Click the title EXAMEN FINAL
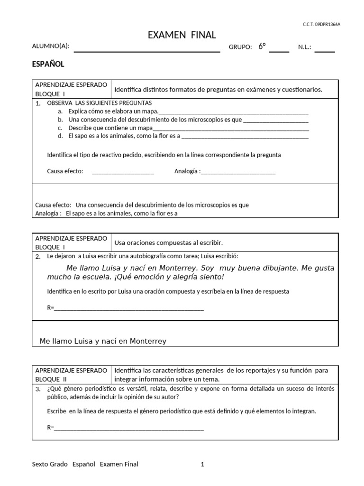[182, 35]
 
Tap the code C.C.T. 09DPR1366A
[321, 24]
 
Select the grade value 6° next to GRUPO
[262, 46]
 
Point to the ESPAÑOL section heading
[48, 64]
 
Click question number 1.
[37, 103]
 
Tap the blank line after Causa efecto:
[123, 172]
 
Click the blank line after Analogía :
[238, 172]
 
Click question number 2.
[37, 257]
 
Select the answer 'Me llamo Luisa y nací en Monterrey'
[103, 341]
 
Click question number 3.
[37, 389]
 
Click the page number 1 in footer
[202, 465]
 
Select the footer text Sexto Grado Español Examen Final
[85, 465]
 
